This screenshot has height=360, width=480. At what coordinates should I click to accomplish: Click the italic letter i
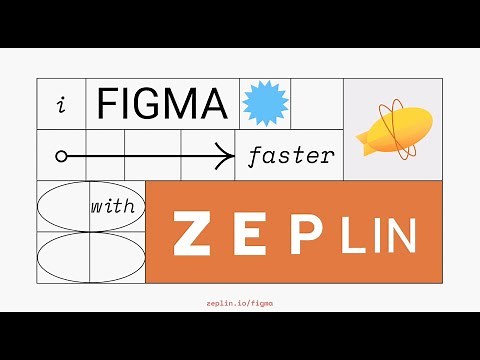pos(61,104)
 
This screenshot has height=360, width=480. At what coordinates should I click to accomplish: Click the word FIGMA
pos(164,103)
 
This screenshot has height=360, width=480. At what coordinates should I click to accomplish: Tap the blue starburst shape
pos(265,102)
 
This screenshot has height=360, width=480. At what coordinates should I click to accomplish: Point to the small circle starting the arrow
pos(61,156)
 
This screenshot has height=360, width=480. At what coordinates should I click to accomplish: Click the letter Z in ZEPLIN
pos(191,234)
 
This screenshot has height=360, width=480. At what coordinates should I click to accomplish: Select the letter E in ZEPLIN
pos(256,234)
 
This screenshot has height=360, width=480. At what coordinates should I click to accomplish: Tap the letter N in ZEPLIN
pos(398,236)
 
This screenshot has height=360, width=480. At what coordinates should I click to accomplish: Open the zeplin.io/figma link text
pos(240,300)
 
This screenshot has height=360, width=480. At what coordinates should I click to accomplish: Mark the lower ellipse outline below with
pos(91,257)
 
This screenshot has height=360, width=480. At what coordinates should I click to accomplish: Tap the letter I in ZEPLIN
pos(371,236)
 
